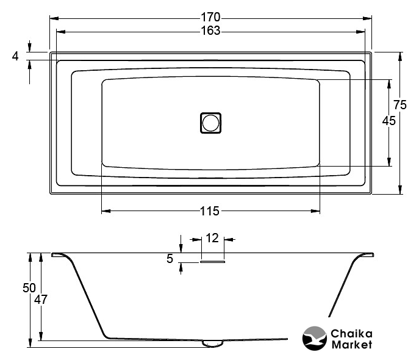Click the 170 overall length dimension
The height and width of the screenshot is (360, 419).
pos(210,17)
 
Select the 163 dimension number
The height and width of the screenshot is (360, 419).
pos(210,31)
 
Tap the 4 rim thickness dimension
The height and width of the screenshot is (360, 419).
pos(15,56)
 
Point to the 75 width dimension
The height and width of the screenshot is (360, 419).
pos(399,105)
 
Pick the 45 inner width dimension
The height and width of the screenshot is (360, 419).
pos(389,121)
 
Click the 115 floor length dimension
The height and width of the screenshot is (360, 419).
pos(210,211)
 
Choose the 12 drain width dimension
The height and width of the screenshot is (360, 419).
pos(212,238)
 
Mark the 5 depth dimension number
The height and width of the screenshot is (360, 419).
pos(170,259)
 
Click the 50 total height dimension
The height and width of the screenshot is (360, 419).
pos(29,288)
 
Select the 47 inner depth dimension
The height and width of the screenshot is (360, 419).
pos(41,300)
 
